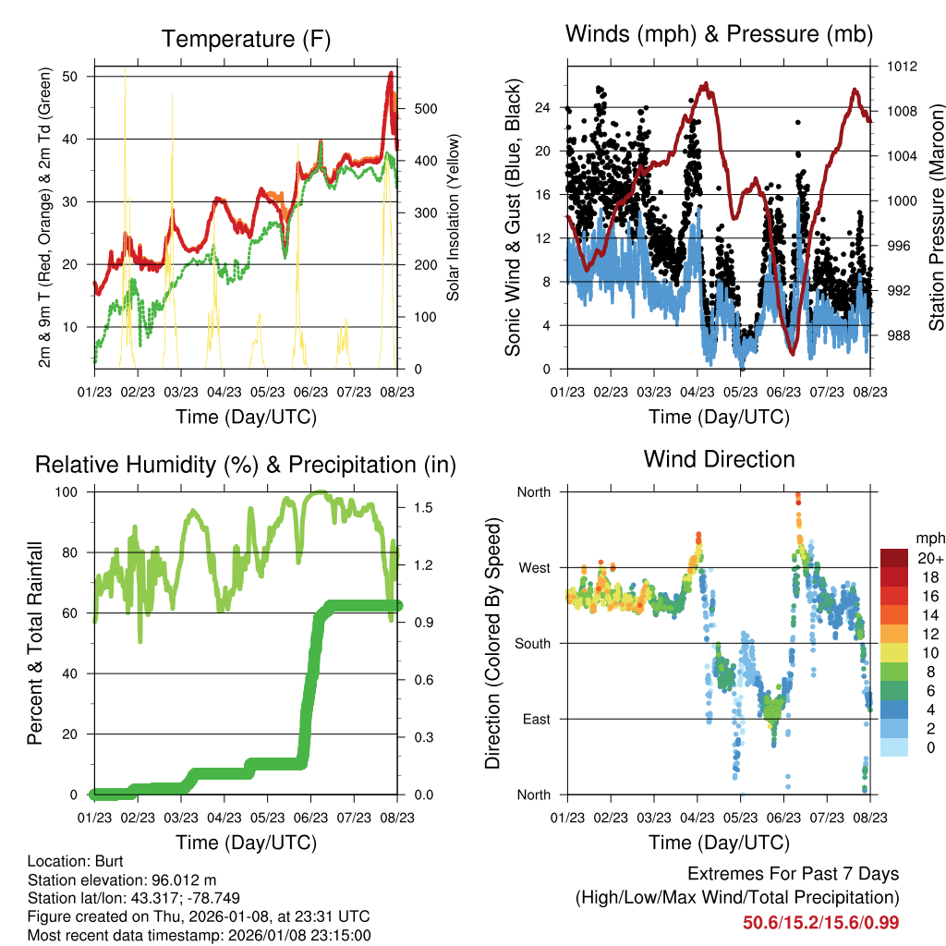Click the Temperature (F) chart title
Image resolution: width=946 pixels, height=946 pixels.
pyautogui.click(x=246, y=39)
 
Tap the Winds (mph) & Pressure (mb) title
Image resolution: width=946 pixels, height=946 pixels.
pyautogui.click(x=719, y=34)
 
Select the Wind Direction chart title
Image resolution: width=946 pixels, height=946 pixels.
pyautogui.click(x=719, y=459)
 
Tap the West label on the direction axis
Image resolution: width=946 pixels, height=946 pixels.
pyautogui.click(x=534, y=567)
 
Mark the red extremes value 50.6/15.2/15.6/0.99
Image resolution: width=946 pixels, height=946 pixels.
pyautogui.click(x=820, y=922)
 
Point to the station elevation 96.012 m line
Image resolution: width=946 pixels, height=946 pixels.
pyautogui.click(x=122, y=879)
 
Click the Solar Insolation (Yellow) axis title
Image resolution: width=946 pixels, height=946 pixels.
pyautogui.click(x=453, y=218)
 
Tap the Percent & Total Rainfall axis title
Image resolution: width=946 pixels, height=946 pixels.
pyautogui.click(x=35, y=643)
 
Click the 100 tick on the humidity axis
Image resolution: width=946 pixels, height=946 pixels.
pyautogui.click(x=73, y=491)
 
